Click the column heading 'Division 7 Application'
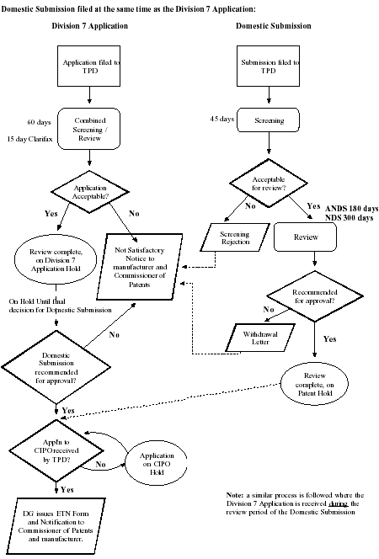point(89,26)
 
